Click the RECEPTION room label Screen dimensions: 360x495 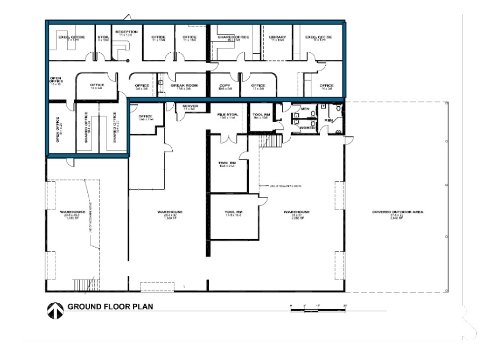click(x=126, y=32)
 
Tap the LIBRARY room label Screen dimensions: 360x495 click(x=278, y=37)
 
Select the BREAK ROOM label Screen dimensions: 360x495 click(x=184, y=85)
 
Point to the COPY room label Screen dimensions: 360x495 click(x=225, y=85)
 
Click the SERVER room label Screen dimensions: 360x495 click(x=190, y=106)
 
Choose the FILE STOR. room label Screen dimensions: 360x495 click(x=228, y=115)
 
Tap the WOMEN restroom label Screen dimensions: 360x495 click(x=307, y=128)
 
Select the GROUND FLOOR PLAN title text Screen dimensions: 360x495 click(x=110, y=306)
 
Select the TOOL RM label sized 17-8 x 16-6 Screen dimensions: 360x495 click(x=233, y=213)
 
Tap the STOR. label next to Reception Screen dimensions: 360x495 click(x=103, y=37)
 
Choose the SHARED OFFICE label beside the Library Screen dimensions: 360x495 click(x=234, y=37)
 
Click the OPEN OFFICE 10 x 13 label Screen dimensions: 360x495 click(x=56, y=81)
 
